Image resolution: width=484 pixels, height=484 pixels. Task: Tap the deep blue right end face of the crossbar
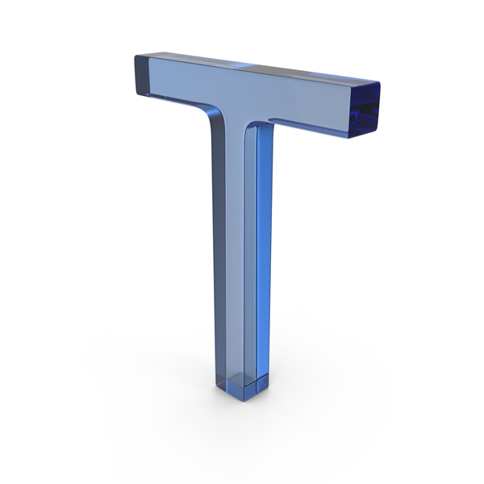pos(365,111)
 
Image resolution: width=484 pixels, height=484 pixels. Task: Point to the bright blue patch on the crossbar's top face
pos(243,65)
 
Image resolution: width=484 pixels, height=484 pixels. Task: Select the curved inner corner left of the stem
pos(213,115)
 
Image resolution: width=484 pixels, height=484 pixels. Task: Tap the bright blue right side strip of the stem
pos(265,247)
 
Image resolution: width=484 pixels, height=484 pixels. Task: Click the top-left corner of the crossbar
pos(136,56)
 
